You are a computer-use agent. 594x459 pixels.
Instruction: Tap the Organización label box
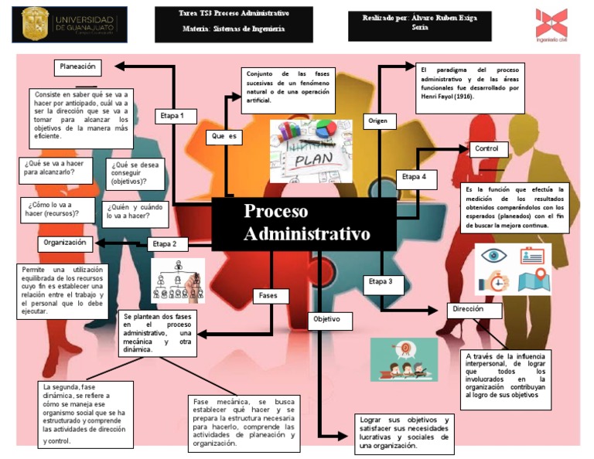(65, 243)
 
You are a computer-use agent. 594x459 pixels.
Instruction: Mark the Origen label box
(379, 121)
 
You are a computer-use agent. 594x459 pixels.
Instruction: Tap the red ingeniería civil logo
(551, 25)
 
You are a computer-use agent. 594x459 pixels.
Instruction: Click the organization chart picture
(178, 280)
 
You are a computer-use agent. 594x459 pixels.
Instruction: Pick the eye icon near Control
(493, 256)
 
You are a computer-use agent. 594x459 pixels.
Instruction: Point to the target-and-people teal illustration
(404, 359)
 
